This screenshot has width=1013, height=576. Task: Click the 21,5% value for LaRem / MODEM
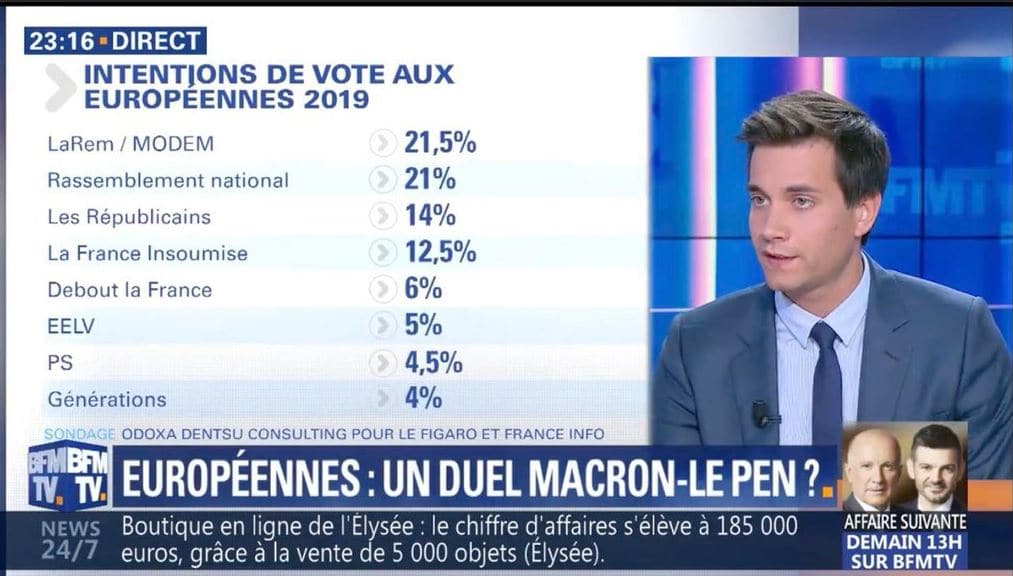click(439, 143)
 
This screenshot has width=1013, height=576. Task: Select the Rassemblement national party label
click(168, 180)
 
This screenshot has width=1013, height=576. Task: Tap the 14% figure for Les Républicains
click(430, 216)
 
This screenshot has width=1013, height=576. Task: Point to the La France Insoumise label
click(147, 253)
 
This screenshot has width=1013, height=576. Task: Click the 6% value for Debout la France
click(423, 289)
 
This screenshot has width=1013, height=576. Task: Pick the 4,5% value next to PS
click(433, 362)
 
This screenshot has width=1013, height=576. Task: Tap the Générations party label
click(107, 399)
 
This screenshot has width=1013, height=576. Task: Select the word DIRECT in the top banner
click(156, 41)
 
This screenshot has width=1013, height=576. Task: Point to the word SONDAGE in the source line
click(80, 434)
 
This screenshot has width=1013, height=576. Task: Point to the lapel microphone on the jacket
click(763, 412)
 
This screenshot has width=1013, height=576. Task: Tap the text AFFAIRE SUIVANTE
click(905, 521)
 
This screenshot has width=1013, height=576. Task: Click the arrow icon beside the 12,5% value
click(383, 253)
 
